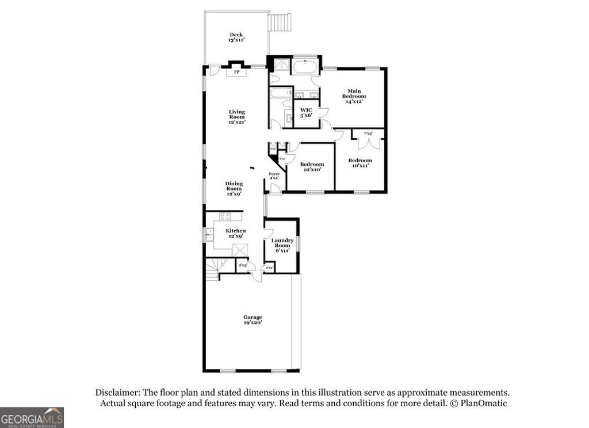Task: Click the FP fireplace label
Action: pos(236,72)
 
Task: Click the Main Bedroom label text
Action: pos(354,95)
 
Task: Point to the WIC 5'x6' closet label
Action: pos(306,112)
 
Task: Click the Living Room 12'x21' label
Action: pos(236,117)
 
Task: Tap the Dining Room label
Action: pos(234,189)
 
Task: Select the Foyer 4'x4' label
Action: pos(274,175)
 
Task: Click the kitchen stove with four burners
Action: pos(225,217)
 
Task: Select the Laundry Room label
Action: pos(282,245)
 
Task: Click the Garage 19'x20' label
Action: pos(253,320)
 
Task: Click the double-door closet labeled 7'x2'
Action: pos(368,139)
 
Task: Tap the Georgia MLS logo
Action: pos(32,417)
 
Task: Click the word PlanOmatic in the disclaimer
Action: pos(481,403)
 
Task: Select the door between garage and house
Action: pos(257,277)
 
